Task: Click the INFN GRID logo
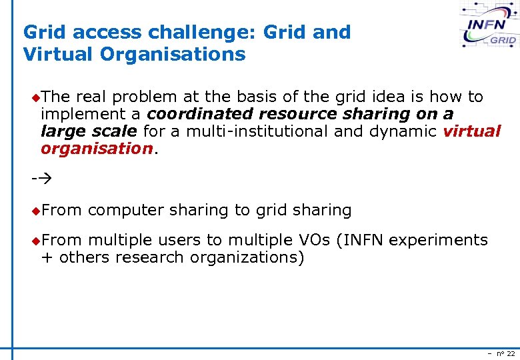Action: coord(489,26)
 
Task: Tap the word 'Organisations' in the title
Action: coord(173,54)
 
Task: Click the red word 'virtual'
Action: coord(471,131)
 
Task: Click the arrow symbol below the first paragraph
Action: coord(41,179)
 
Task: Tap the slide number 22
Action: coord(511,353)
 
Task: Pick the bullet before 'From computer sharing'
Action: coord(35,211)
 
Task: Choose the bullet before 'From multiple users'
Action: coord(35,241)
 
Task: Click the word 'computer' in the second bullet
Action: coord(125,211)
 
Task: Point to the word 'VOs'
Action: coord(311,240)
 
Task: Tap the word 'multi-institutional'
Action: coord(257,131)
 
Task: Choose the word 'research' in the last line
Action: coord(149,257)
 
